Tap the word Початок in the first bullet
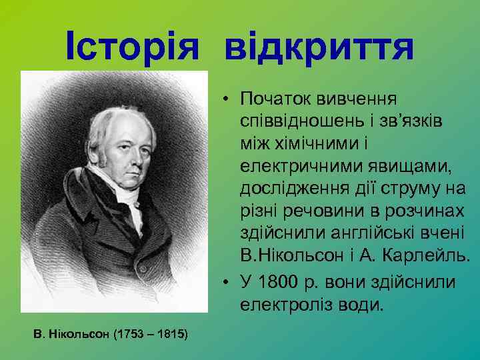click(x=275, y=99)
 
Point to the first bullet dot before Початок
click(x=227, y=100)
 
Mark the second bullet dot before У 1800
click(x=227, y=283)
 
